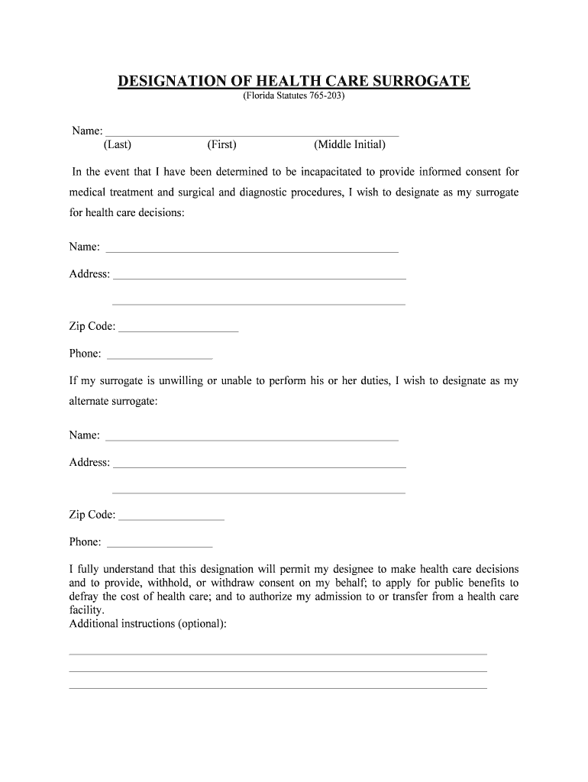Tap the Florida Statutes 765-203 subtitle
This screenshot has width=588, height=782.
click(294, 98)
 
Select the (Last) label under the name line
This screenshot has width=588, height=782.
click(118, 144)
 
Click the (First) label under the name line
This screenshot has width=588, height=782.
click(221, 144)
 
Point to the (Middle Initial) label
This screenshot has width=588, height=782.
click(349, 144)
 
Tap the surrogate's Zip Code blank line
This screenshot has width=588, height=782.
click(179, 329)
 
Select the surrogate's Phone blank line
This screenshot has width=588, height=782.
click(159, 356)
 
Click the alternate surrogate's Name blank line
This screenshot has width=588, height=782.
click(251, 438)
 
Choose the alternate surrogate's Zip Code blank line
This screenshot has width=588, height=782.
click(172, 518)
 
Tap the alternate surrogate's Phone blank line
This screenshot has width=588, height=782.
click(159, 545)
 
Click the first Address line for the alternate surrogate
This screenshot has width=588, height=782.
click(259, 465)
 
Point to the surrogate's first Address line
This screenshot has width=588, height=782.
click(259, 276)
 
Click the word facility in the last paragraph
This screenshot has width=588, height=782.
click(86, 610)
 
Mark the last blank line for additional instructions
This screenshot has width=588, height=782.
click(278, 687)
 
